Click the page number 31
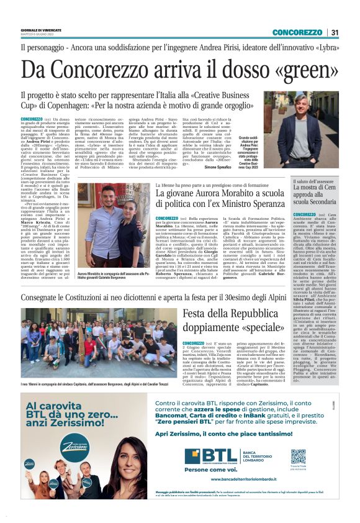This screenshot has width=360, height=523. coord(335,32)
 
